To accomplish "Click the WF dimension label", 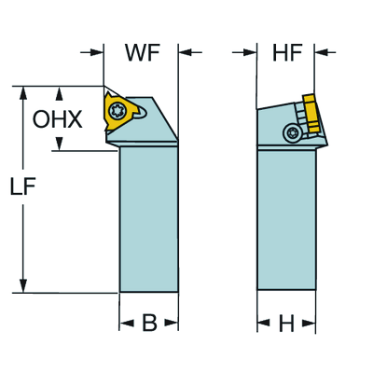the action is pyautogui.click(x=143, y=52).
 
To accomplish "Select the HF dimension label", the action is pyautogui.click(x=287, y=52).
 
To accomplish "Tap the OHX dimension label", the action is pyautogui.click(x=58, y=119).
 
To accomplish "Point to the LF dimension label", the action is pyautogui.click(x=23, y=186).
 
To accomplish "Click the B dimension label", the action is pyautogui.click(x=149, y=323).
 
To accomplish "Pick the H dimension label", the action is pyautogui.click(x=286, y=324).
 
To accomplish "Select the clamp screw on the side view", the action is pyautogui.click(x=292, y=133).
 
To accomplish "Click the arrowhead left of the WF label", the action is pyautogui.click(x=97, y=52).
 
